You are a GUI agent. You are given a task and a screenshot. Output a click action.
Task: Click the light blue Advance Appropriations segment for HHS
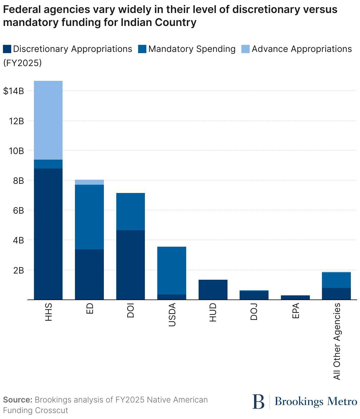point(48,120)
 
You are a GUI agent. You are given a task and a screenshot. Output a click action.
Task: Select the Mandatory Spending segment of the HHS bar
point(48,164)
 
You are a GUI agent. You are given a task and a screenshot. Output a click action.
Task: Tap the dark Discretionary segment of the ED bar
point(89,274)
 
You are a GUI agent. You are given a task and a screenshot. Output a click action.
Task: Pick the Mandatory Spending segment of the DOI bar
point(130,212)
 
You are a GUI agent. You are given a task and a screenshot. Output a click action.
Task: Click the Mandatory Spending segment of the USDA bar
point(172,271)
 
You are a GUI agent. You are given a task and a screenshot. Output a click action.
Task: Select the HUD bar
point(213,290)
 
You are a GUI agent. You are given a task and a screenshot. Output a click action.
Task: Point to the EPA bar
point(295,297)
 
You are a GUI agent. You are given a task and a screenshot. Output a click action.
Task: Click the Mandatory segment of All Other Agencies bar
point(336,280)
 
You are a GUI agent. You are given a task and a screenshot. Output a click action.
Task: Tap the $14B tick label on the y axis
point(13,91)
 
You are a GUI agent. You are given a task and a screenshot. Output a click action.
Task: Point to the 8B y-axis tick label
point(18,181)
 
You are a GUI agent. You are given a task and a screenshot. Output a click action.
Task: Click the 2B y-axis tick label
point(18,270)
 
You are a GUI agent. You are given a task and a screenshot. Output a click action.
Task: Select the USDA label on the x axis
point(172,315)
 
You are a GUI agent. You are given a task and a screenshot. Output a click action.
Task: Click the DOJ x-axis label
point(254,311)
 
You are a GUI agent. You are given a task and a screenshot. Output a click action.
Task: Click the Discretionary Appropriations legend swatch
point(7,49)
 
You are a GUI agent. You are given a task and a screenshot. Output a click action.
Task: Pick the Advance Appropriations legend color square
point(246,49)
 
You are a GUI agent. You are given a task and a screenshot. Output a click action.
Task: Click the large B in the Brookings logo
point(258,402)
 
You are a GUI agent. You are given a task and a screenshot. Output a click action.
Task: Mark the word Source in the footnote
point(17,400)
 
